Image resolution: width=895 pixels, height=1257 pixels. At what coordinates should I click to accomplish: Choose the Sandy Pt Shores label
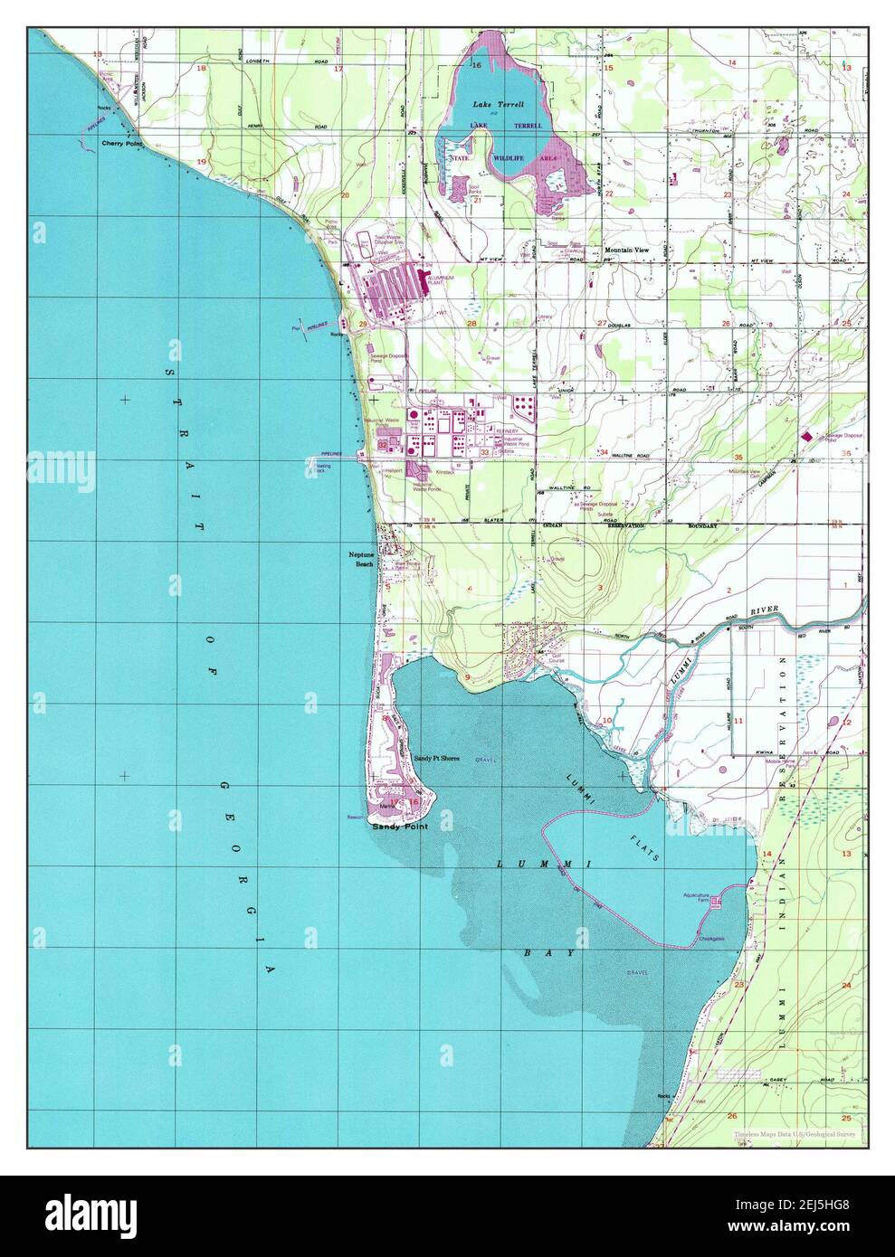click(x=437, y=758)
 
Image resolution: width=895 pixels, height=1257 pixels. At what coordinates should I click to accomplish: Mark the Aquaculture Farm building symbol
click(x=717, y=902)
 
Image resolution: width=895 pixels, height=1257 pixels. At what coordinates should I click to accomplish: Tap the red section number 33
click(x=485, y=452)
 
